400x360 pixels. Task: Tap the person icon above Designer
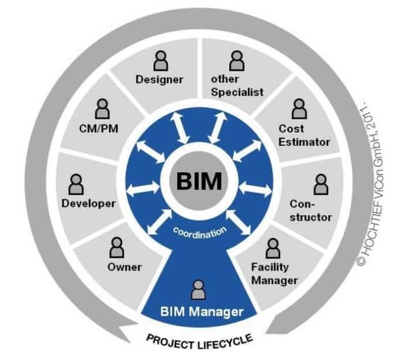[x=160, y=60]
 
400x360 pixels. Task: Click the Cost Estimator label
[x=304, y=134]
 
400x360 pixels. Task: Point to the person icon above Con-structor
[x=320, y=185]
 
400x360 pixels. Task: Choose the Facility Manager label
[x=274, y=274]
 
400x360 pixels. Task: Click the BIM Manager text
[x=202, y=311]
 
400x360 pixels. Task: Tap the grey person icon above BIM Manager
[x=199, y=289]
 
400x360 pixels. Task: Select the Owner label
[x=125, y=267]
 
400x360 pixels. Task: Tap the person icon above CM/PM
[x=102, y=109]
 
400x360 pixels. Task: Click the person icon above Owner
[x=115, y=248]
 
